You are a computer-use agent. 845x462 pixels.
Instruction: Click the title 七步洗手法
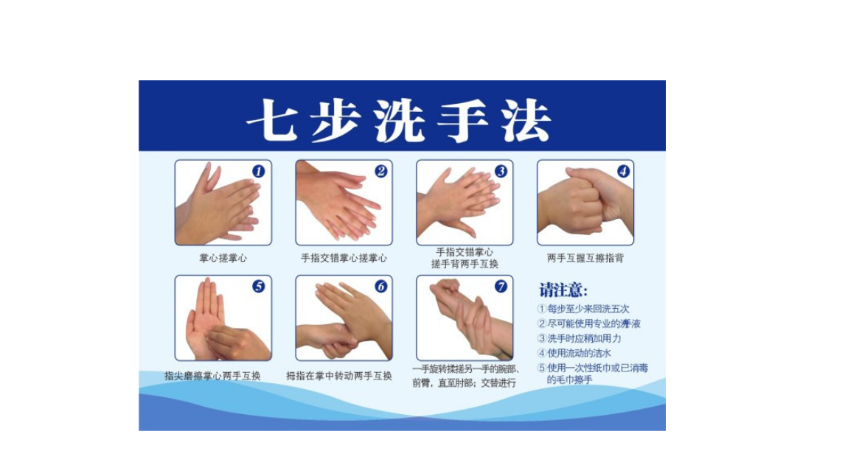click(399, 120)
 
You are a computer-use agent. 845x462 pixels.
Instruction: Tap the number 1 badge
click(259, 171)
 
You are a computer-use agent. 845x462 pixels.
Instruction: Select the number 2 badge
click(381, 171)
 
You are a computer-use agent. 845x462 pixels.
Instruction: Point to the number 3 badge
click(501, 171)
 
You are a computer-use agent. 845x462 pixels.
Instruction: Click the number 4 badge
click(624, 171)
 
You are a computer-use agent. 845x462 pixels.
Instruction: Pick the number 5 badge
click(259, 287)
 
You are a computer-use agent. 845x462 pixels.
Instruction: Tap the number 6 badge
click(381, 287)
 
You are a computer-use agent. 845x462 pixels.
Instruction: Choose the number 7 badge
click(501, 287)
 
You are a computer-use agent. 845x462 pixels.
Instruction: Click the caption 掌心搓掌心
click(223, 258)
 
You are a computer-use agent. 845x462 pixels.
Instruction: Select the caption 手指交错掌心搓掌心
click(344, 258)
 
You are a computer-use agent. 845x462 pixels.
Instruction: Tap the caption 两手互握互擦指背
click(585, 258)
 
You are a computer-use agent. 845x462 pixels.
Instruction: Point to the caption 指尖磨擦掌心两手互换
click(212, 376)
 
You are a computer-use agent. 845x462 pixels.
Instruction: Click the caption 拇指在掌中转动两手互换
click(339, 376)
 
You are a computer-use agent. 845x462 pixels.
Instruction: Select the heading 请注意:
click(563, 290)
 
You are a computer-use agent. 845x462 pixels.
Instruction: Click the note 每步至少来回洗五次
click(583, 309)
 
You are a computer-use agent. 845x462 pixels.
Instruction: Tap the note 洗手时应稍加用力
click(580, 338)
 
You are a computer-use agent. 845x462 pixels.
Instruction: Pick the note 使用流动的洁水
click(574, 353)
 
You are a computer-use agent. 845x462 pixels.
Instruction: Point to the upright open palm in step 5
click(206, 318)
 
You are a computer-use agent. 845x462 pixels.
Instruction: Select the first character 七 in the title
click(272, 120)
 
